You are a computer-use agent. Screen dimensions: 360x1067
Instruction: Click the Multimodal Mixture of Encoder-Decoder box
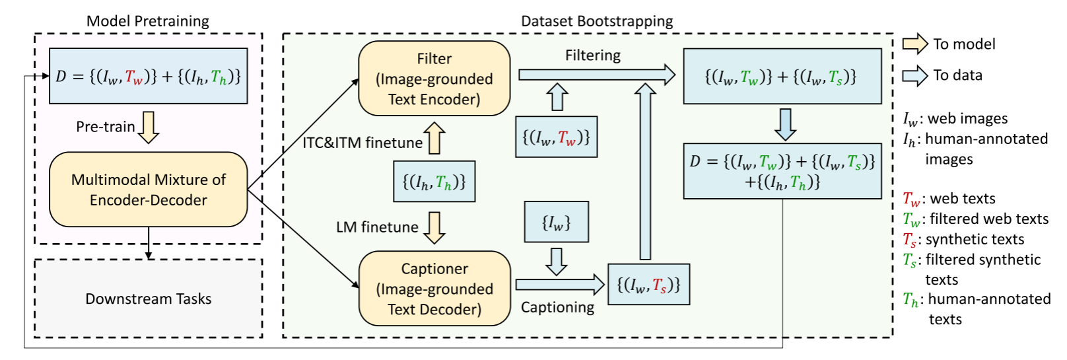[148, 190]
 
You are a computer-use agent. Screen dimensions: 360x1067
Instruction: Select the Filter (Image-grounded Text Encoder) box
[434, 79]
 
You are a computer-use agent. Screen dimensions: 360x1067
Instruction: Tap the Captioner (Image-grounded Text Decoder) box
[434, 289]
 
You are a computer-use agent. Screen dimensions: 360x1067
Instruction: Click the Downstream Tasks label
[148, 299]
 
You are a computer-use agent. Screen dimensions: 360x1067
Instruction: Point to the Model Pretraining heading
[147, 21]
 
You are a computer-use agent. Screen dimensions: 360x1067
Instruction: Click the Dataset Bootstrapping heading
[596, 21]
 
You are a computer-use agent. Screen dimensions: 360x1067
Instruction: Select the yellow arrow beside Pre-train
[149, 127]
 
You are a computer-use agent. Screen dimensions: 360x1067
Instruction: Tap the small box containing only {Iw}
[556, 222]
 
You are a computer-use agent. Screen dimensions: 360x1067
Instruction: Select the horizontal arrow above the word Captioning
[559, 285]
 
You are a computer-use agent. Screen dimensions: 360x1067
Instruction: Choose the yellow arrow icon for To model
[915, 44]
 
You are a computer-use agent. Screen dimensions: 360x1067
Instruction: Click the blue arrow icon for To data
[915, 75]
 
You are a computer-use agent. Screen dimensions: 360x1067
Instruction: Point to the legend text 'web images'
[967, 119]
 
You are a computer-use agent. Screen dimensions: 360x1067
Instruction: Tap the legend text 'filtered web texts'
[988, 219]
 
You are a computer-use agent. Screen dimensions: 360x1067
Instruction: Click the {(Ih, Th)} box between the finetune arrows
[434, 182]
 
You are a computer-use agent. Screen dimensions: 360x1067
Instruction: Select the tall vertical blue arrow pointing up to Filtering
[645, 172]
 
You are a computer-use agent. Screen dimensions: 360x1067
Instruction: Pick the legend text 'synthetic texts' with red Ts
[975, 240]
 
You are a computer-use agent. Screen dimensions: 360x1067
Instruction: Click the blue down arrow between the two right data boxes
[784, 124]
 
